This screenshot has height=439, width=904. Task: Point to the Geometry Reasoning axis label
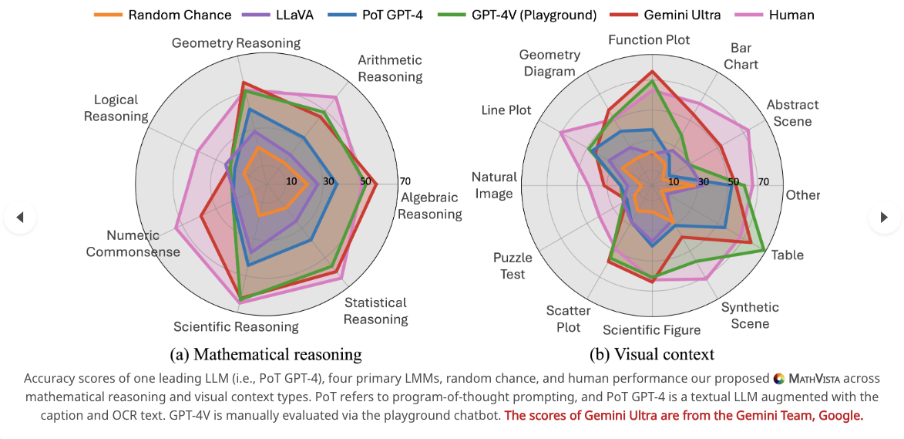225,43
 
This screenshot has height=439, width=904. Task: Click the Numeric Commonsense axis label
133,243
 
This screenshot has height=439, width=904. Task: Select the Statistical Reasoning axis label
376,311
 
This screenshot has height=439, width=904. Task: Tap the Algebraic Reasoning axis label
430,206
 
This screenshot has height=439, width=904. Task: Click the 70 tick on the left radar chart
405,182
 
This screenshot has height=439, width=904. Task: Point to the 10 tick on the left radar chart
291,182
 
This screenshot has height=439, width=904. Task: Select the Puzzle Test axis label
509,266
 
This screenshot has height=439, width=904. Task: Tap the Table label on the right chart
788,255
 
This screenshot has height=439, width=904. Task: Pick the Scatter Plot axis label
568,319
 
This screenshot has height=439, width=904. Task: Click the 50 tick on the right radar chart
733,183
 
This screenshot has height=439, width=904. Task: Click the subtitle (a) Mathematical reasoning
266,354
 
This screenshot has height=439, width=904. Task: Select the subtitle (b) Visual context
652,354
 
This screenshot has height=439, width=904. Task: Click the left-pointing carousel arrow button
20,218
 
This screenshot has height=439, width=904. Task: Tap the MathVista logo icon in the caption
779,378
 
